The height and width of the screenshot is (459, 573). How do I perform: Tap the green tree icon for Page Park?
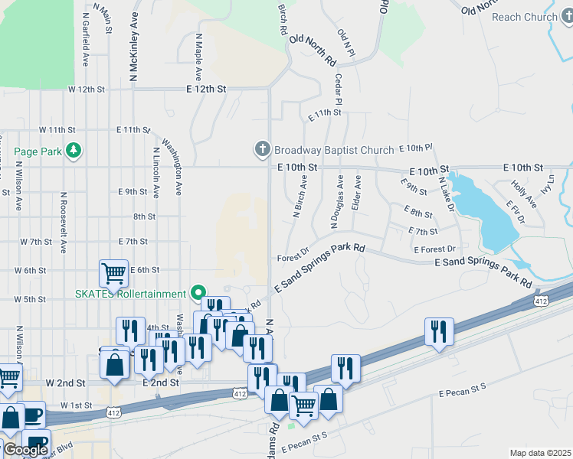[74, 151]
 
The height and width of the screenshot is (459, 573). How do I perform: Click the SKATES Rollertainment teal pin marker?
[199, 292]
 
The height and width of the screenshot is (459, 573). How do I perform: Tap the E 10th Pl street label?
[416, 147]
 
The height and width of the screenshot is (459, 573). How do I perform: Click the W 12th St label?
[86, 90]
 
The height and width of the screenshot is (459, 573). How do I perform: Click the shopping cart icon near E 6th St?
[113, 272]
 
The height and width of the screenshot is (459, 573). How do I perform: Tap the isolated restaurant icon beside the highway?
[439, 330]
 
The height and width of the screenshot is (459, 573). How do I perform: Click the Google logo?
[26, 450]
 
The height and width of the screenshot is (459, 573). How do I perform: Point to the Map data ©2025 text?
[540, 453]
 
